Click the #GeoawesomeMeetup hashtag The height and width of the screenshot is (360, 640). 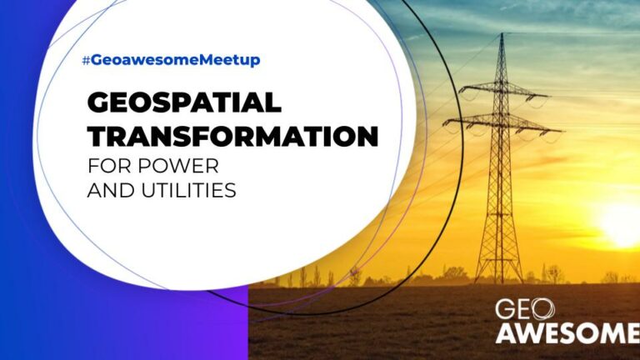coord(171,60)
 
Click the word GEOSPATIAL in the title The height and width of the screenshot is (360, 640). coord(184,102)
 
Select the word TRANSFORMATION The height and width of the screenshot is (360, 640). coord(233,136)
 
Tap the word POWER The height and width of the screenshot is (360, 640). coord(178,166)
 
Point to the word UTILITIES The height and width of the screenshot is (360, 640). coord(189,190)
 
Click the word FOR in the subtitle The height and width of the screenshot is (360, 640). coord(110,166)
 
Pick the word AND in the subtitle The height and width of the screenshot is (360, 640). coord(112,190)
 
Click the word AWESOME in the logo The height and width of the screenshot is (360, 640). coord(567,332)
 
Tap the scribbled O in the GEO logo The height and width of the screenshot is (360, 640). coord(543,309)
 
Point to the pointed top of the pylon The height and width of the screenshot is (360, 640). coord(502,34)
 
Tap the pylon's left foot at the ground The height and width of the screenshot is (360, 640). coord(477,281)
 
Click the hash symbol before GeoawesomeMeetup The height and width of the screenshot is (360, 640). coord(86,61)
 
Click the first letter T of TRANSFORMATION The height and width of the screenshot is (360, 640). coord(97,137)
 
